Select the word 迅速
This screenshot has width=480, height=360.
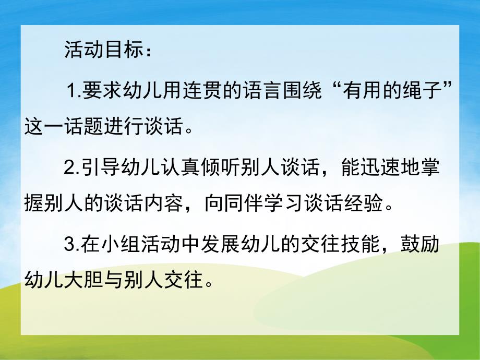tap(377, 169)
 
